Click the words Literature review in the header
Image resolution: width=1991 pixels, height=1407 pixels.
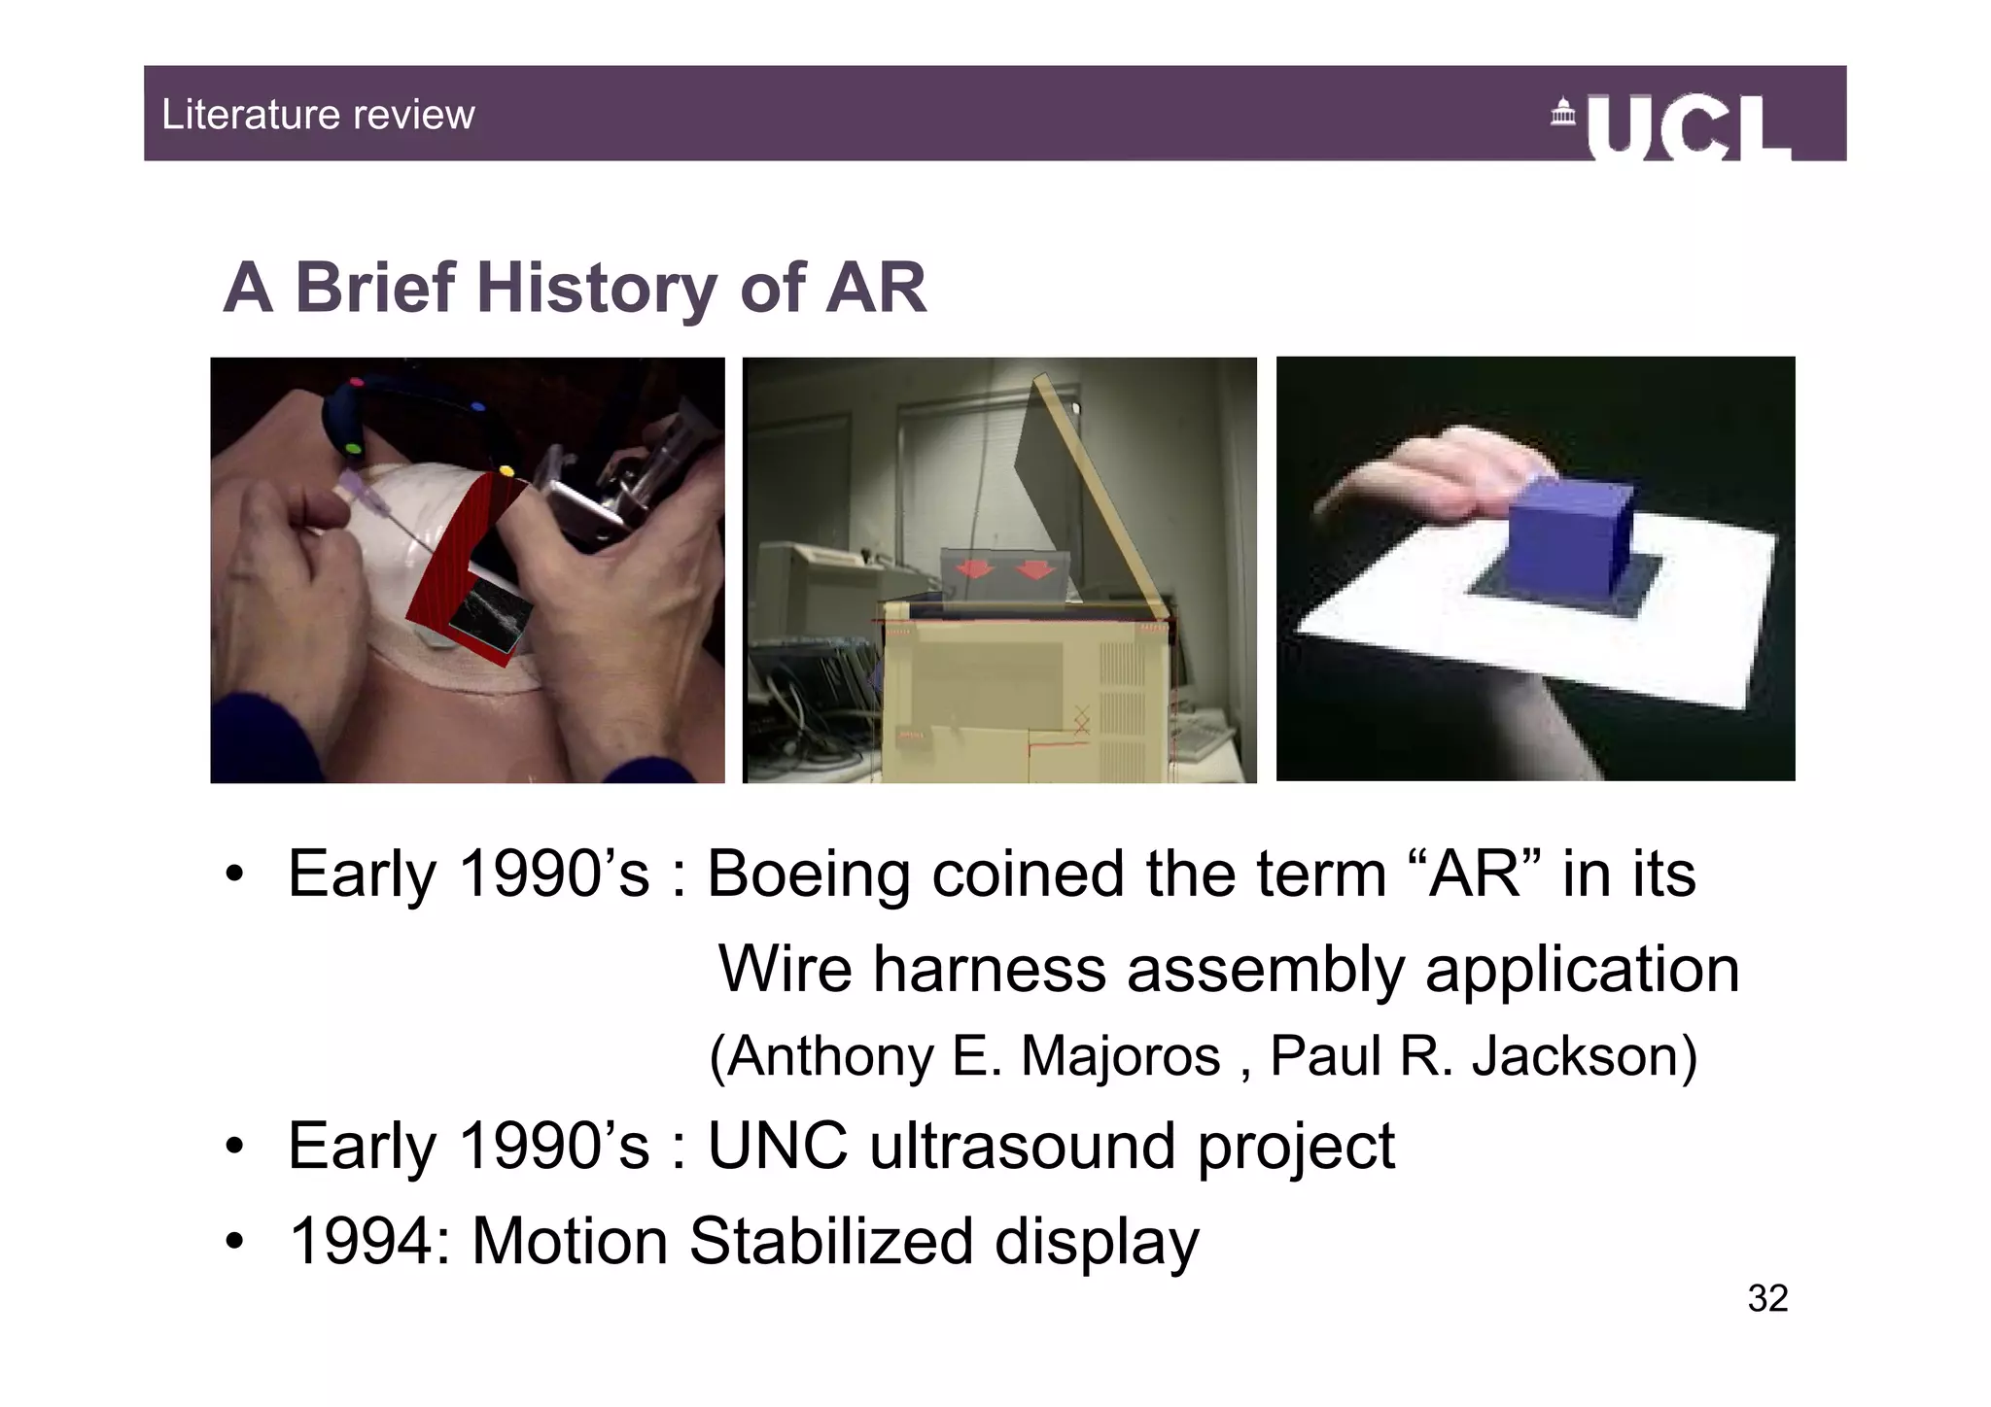click(318, 115)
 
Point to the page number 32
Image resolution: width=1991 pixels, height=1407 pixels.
click(1766, 1298)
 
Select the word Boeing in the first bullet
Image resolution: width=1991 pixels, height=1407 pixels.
click(810, 874)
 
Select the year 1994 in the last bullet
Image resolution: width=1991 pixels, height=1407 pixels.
click(370, 1241)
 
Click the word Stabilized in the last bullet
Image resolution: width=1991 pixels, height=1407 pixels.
click(830, 1241)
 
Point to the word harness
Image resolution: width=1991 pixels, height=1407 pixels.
click(989, 969)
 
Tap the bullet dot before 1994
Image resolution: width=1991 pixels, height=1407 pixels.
click(233, 1243)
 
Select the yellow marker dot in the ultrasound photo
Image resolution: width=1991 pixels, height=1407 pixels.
click(506, 471)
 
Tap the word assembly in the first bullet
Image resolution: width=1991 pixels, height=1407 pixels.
click(1265, 969)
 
